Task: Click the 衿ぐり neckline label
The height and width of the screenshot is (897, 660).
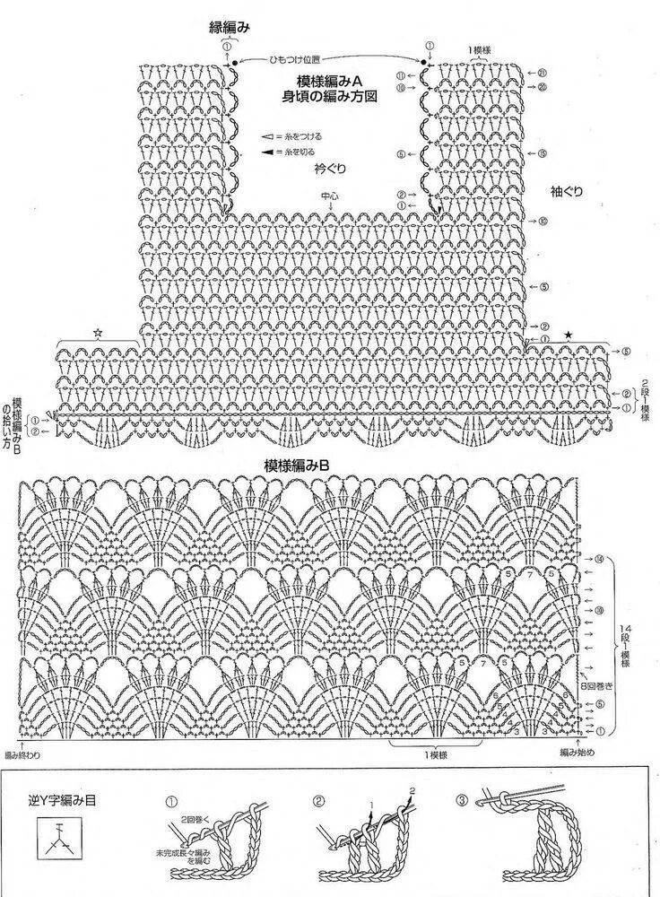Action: [x=330, y=168]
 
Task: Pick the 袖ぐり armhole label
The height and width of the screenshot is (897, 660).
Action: [x=570, y=192]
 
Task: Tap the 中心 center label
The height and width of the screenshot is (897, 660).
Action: [x=330, y=194]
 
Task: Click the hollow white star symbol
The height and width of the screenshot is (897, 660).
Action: [x=97, y=333]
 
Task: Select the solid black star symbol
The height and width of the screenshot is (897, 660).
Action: [x=568, y=335]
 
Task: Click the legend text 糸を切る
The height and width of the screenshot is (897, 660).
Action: [x=300, y=152]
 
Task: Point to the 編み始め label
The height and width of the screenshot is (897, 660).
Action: [x=577, y=751]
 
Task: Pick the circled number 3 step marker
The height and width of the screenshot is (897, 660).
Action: [x=462, y=800]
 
